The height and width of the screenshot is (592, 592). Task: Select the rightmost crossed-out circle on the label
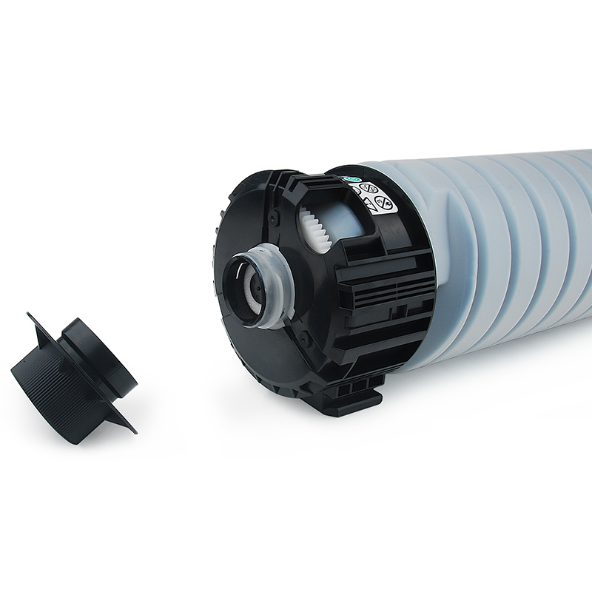coord(385,202)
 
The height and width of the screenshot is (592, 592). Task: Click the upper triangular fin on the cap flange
coord(37,326)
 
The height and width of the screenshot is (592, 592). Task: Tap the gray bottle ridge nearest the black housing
coord(444,259)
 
